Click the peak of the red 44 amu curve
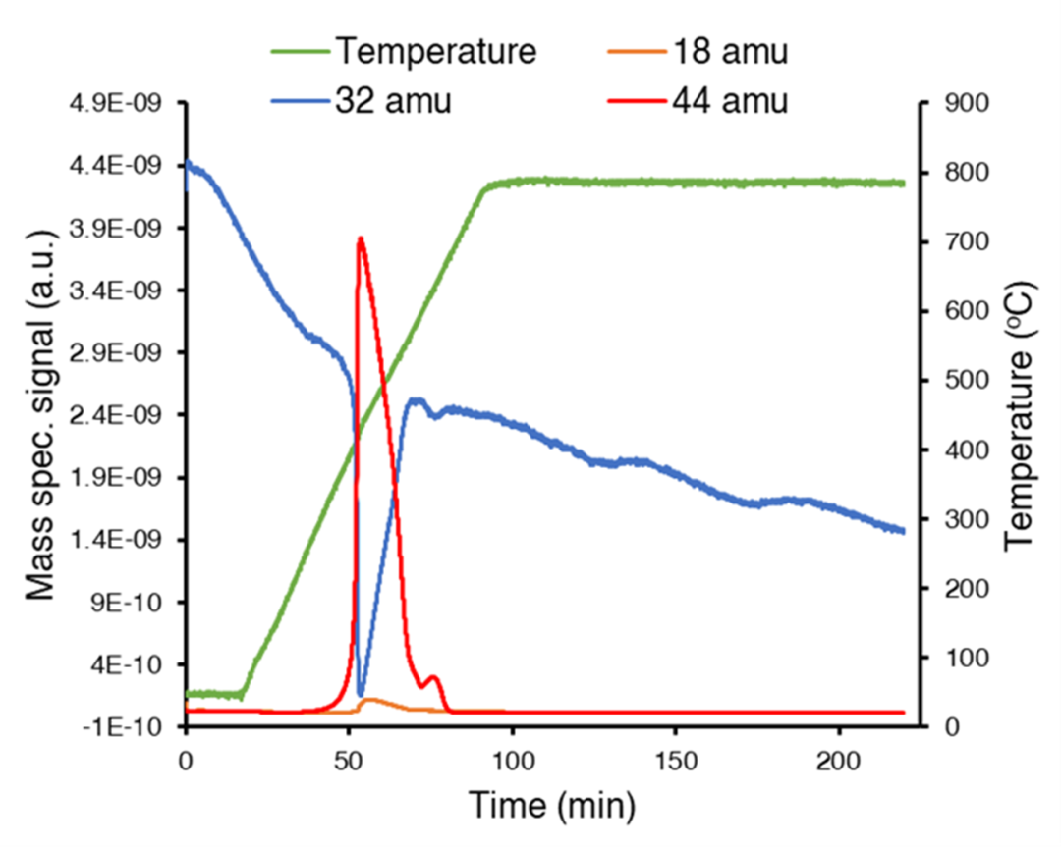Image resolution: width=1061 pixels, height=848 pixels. click(x=361, y=238)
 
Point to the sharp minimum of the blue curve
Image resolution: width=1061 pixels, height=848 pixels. click(x=361, y=695)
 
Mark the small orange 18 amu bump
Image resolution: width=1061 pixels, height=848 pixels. click(x=371, y=701)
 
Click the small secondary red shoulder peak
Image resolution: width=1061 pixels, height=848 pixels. click(x=433, y=677)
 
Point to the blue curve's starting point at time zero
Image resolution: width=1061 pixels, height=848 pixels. click(x=188, y=165)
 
